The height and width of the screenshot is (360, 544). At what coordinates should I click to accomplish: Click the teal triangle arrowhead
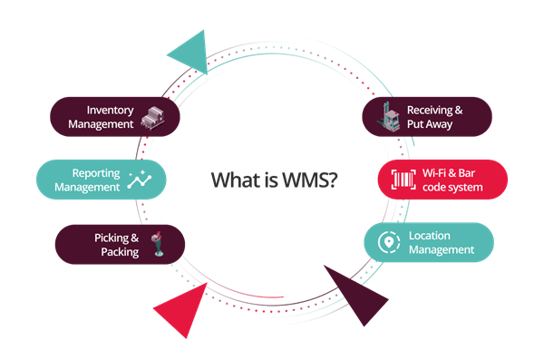coord(192,53)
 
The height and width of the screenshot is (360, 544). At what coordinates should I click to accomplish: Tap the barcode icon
coord(403,180)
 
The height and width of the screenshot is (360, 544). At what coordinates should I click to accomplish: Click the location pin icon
coord(389,242)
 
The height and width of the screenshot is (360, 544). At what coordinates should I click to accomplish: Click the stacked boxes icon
coord(153,119)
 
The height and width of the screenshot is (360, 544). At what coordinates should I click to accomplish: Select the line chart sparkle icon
coord(140,180)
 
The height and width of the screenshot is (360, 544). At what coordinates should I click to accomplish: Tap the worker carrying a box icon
coord(158,244)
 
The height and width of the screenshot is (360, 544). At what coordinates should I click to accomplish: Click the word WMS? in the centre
coord(309,180)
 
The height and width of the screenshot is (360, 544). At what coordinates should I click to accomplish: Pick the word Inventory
coord(110,111)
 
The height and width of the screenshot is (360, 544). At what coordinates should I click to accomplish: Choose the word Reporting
coord(96,173)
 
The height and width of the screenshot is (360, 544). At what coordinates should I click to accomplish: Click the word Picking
coord(112,238)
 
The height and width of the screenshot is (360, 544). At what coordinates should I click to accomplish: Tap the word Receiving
coord(430,111)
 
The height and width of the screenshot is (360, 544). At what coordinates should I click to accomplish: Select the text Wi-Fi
coord(434,173)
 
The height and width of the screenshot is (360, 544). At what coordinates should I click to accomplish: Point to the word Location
coord(430,236)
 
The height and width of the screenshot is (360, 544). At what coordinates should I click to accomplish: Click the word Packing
coord(120,252)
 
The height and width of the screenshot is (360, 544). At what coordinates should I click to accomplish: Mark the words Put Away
coord(430,124)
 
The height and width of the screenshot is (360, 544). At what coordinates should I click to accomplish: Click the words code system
coord(452,188)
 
